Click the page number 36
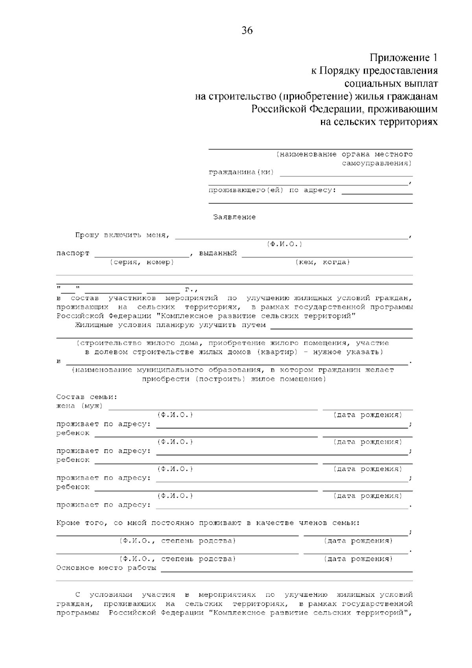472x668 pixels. click(247, 31)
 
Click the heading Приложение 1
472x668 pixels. click(403, 58)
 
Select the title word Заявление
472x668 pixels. click(234, 217)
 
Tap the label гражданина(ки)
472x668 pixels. click(241, 172)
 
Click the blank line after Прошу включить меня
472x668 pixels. click(291, 237)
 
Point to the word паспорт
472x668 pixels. click(73, 253)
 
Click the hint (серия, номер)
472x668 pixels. click(142, 262)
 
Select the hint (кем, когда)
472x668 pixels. click(323, 262)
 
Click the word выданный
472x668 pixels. click(218, 253)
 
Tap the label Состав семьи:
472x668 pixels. click(87, 397)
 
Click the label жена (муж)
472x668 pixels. click(79, 406)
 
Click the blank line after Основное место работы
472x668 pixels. click(286, 570)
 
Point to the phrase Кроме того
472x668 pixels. click(81, 523)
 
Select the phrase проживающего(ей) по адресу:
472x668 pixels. click(272, 190)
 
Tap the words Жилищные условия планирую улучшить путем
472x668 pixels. click(170, 325)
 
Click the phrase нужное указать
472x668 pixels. click(346, 352)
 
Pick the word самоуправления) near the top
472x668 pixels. click(377, 163)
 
